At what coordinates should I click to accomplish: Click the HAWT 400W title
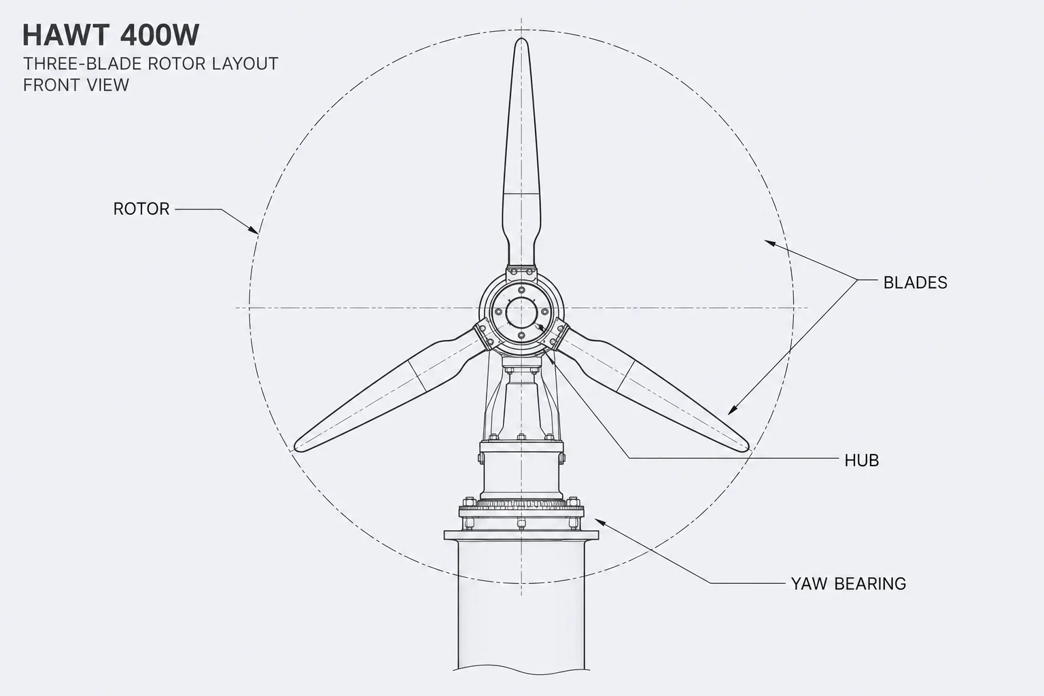pos(111,35)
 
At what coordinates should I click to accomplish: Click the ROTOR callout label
pos(141,209)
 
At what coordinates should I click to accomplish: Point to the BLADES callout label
pos(916,283)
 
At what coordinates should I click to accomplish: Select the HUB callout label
pos(862,461)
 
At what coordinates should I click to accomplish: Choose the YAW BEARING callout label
pos(848,584)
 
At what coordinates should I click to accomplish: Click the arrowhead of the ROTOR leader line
pos(253,230)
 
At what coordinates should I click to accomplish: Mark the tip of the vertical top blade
pos(521,39)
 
